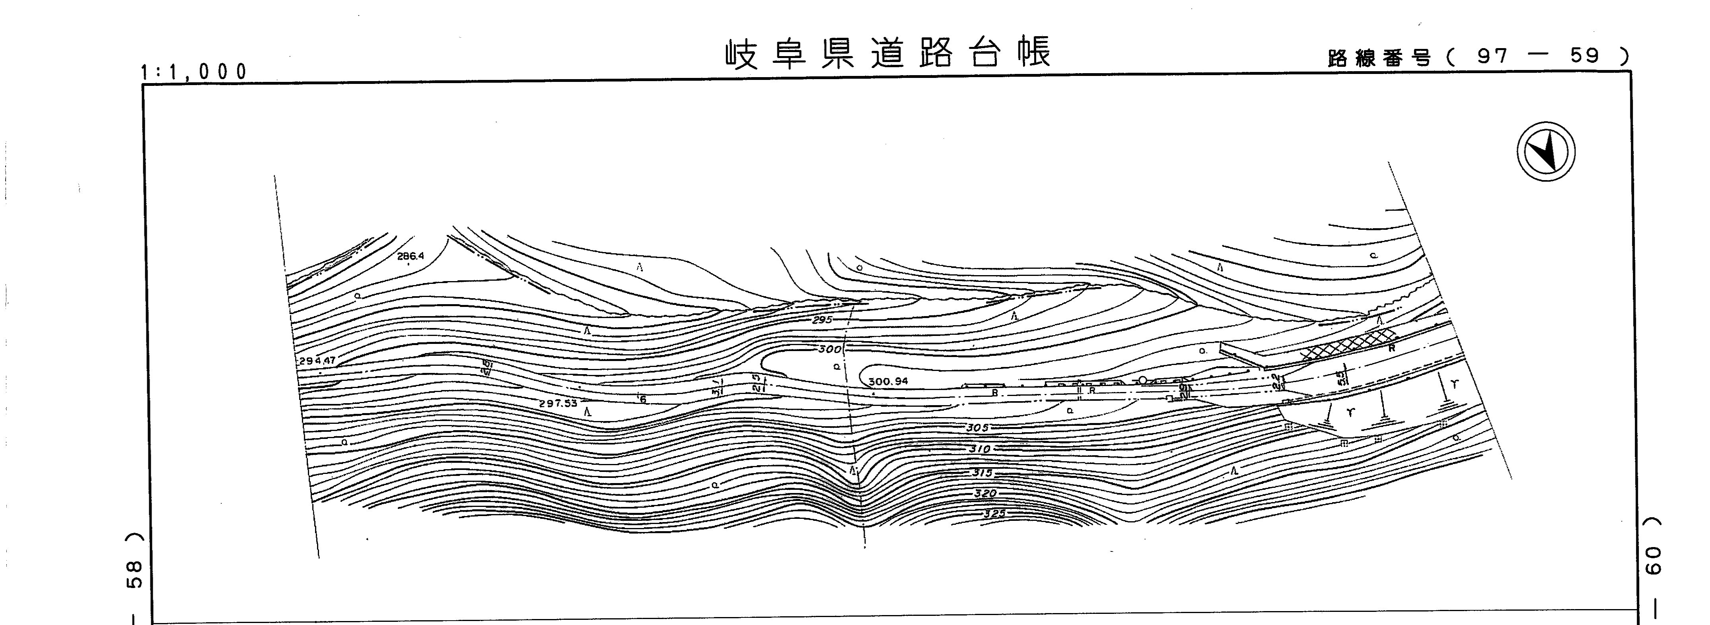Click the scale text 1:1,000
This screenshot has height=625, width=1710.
click(x=194, y=71)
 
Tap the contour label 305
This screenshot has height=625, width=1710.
click(x=977, y=428)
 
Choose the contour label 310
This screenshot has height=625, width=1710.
click(x=979, y=449)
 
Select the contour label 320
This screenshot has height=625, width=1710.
click(x=985, y=494)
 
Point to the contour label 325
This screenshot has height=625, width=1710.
click(x=994, y=514)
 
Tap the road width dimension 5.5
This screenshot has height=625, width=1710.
click(x=1342, y=378)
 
